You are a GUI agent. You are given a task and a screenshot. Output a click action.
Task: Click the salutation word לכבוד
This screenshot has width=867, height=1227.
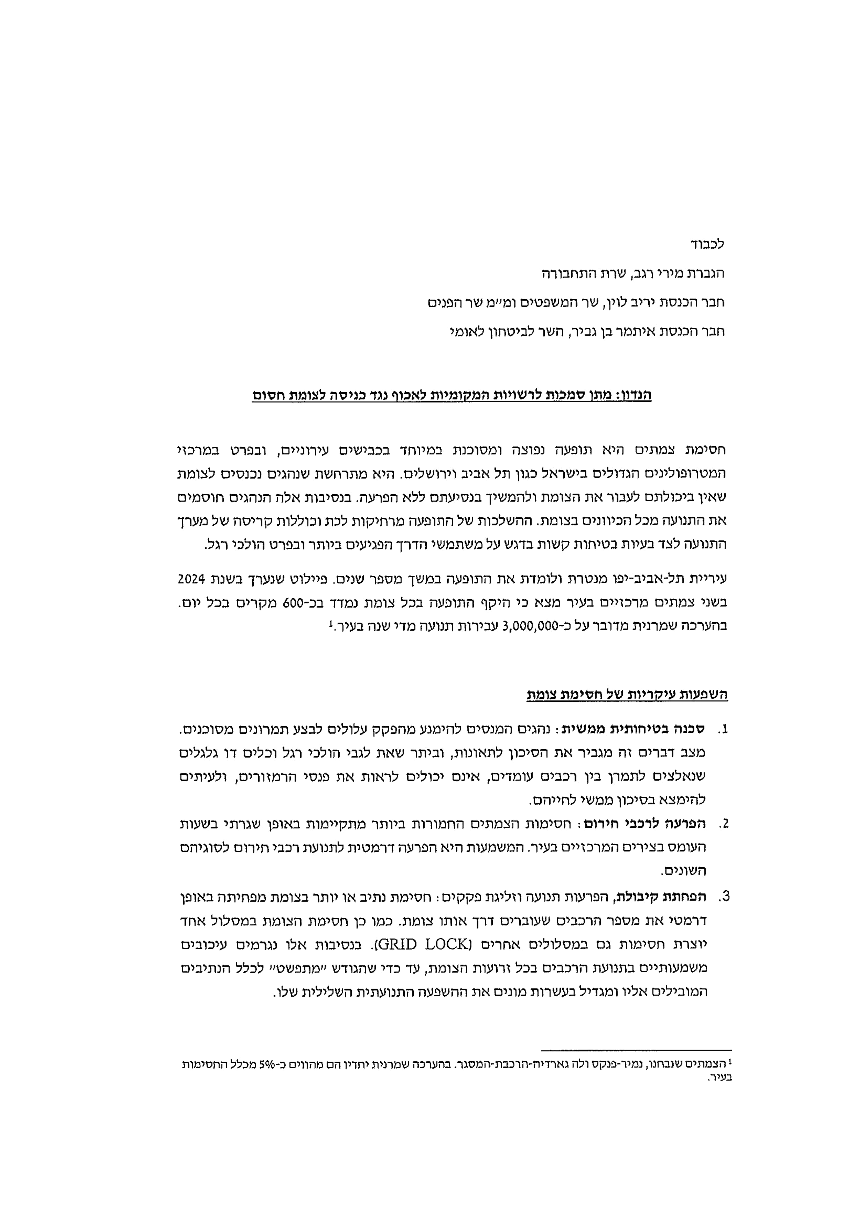click(x=707, y=245)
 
